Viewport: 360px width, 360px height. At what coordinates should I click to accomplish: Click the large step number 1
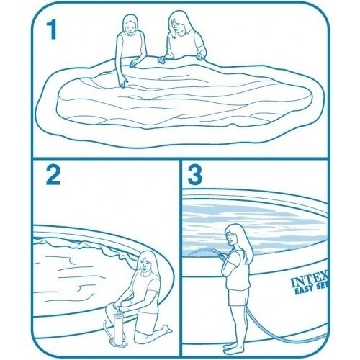pos(52,30)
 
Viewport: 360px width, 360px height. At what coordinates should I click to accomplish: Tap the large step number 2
pos(53,175)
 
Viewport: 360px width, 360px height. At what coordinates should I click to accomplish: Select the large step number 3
pos(194,175)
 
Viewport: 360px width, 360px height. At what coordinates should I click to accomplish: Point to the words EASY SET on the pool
pos(311,290)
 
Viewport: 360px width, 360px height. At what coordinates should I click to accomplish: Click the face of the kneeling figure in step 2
pos(145,265)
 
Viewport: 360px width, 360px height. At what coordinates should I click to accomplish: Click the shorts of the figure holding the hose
pos(238,297)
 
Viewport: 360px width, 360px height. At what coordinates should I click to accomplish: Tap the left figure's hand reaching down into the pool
pos(125,82)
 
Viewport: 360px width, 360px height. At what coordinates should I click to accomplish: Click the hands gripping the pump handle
pos(119,307)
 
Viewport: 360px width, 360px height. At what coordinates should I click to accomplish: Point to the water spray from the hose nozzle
pos(200,252)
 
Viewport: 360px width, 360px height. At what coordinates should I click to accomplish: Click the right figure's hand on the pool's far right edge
pos(199,57)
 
